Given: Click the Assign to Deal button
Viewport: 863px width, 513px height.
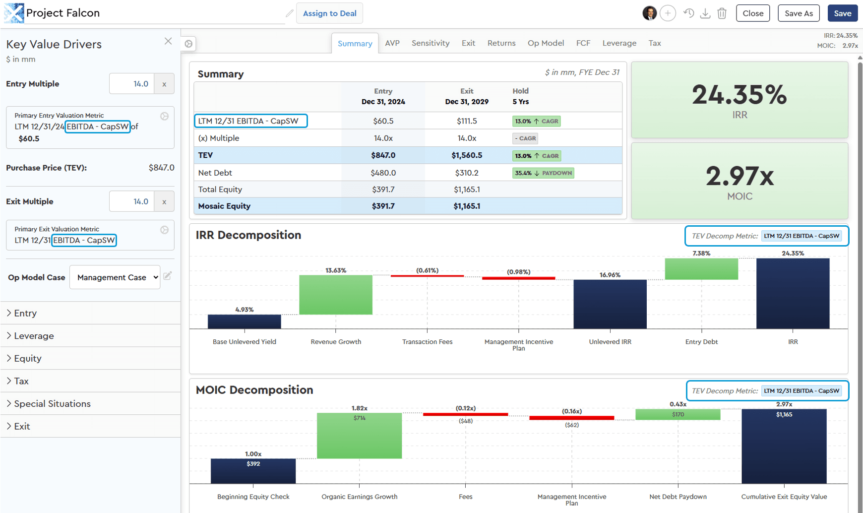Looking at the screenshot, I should coord(329,13).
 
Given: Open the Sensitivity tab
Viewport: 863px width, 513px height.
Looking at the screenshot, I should coord(430,43).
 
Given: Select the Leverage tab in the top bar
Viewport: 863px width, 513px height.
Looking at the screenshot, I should coord(619,43).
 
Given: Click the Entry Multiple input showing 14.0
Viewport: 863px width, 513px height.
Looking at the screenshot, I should coord(132,84).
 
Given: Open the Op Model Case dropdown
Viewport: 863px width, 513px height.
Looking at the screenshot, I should coord(115,277).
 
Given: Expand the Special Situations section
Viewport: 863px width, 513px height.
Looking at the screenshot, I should coord(52,403).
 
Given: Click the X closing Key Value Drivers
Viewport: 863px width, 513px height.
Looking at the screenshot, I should coord(168,41).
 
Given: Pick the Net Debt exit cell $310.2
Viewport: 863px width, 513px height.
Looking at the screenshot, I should coord(466,173).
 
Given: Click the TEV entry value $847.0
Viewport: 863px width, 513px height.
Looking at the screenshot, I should coord(383,155).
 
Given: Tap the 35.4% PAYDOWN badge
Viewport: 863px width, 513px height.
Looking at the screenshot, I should coord(543,173).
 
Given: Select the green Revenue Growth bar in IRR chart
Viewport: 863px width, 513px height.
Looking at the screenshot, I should coord(336,295).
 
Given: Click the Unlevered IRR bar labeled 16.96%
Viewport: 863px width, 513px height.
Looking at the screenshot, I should coord(610,304).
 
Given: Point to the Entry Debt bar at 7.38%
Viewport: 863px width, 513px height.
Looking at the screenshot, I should coord(701,269).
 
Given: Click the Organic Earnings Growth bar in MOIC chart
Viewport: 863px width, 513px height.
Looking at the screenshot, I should coord(359,436).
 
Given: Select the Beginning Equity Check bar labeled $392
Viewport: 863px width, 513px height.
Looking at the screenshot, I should coord(253,471).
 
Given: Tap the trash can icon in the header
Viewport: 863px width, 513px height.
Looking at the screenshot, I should coord(722,13).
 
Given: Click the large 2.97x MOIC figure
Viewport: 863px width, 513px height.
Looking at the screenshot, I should coord(740,176).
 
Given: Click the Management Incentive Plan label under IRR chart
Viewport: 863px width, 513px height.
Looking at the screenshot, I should coord(518,344).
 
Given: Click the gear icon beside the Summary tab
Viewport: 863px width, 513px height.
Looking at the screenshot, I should coord(188,44).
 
